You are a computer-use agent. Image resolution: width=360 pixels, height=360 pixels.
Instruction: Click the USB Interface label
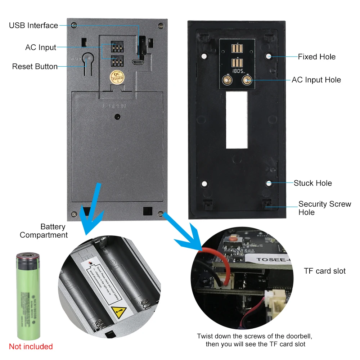point(33,26)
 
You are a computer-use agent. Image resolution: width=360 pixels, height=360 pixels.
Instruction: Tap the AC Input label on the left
point(41,48)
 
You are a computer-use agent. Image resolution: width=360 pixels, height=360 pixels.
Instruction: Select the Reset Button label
point(35,67)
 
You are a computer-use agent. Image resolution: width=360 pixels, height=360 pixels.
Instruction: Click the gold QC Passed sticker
point(117,77)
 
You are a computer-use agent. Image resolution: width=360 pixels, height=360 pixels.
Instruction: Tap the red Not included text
point(31,347)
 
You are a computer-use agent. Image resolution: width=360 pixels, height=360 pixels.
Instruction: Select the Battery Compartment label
point(44,231)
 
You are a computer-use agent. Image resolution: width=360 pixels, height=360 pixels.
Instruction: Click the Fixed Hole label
point(316,57)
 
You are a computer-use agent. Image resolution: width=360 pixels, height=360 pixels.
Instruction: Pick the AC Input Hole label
point(316,80)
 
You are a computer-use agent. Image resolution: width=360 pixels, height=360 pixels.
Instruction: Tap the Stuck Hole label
point(312,183)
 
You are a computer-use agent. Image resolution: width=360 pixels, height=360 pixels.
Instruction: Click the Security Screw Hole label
point(324,208)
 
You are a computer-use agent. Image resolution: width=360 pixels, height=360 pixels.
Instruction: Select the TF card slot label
point(325,271)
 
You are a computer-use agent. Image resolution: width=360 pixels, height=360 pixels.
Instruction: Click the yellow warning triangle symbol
point(119,311)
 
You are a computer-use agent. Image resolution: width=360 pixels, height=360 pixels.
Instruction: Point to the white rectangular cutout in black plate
point(237,120)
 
